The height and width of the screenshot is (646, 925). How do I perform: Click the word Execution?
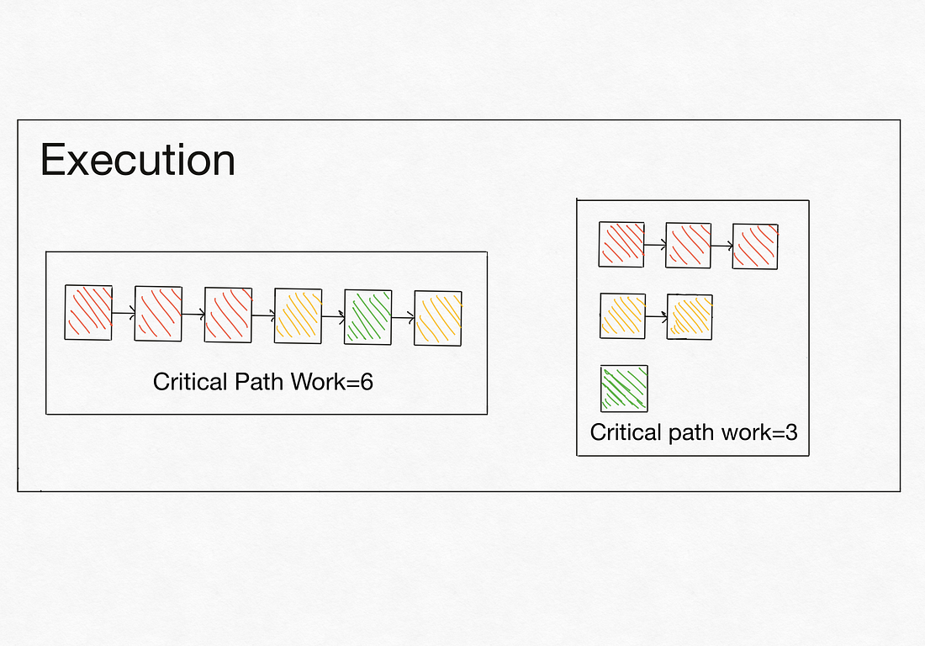coord(137,160)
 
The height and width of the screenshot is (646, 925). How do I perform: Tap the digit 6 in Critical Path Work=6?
coord(366,382)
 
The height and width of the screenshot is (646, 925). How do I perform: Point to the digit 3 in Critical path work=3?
coord(790,432)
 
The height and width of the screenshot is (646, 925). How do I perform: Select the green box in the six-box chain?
coord(367,316)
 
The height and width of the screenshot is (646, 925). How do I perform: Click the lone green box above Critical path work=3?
coord(624,388)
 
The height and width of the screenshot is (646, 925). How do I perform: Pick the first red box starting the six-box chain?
coord(88,313)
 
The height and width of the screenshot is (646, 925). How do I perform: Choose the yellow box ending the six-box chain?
coord(438,317)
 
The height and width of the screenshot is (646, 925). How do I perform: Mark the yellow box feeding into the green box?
coord(298,316)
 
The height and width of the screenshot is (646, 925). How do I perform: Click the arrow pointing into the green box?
coord(333,316)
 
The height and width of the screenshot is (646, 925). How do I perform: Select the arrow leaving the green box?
coord(403,317)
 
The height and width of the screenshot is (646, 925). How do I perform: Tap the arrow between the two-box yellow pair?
coord(656,317)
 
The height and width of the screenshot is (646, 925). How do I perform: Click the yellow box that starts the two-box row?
coord(622,315)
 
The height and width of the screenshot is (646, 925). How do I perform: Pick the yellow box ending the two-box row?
coord(690,317)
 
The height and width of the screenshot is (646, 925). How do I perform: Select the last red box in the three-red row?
coord(755,246)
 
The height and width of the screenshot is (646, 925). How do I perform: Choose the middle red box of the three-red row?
coord(688,245)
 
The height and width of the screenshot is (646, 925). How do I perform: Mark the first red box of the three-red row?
coord(621,244)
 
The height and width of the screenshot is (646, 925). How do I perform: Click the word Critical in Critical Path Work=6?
coord(189,382)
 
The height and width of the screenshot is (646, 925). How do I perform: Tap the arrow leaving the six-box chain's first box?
coord(123,314)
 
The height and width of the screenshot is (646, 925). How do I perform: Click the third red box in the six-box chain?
coord(228,315)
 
